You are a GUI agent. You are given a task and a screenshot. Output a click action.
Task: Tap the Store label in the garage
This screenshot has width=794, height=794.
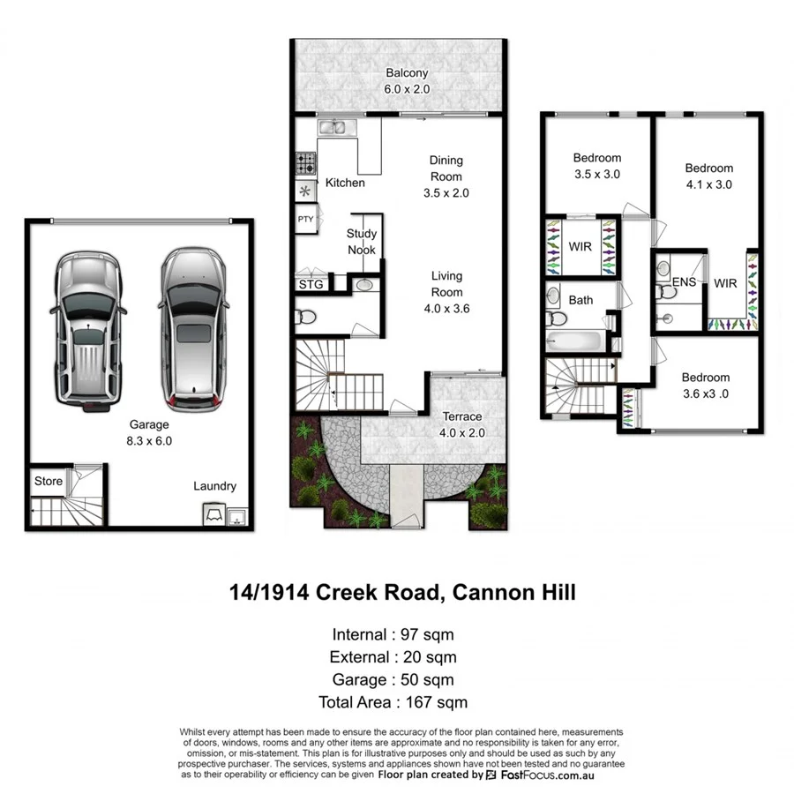coord(49,481)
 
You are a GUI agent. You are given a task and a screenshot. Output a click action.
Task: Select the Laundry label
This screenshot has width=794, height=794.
coord(215,486)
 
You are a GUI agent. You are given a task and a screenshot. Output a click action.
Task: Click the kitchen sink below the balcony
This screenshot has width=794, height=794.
coord(336,129)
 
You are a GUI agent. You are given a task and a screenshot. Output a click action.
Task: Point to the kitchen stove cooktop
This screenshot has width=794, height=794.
coord(306,163)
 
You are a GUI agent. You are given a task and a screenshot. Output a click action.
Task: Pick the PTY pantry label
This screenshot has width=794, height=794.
coord(305,219)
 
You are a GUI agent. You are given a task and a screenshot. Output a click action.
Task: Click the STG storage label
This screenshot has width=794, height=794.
coord(311,285)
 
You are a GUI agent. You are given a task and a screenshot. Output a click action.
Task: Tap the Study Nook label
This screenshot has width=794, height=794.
coord(362,242)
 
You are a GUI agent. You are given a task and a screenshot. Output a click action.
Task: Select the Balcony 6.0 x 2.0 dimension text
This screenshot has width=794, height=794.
coord(406,89)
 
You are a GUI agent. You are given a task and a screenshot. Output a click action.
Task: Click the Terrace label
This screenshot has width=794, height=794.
coord(462,416)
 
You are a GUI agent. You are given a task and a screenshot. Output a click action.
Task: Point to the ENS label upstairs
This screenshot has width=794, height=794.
coord(684,282)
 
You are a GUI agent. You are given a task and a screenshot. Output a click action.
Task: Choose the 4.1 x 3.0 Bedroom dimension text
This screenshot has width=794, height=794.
coord(709,184)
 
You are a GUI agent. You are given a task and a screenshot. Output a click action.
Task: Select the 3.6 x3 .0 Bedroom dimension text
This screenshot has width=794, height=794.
coord(706,393)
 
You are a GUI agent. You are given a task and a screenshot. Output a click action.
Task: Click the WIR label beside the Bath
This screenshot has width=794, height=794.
coord(581,246)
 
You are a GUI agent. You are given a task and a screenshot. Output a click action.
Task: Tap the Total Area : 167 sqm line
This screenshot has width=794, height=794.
coord(393,702)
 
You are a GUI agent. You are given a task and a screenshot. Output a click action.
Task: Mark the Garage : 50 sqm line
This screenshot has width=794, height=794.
coord(393,679)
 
